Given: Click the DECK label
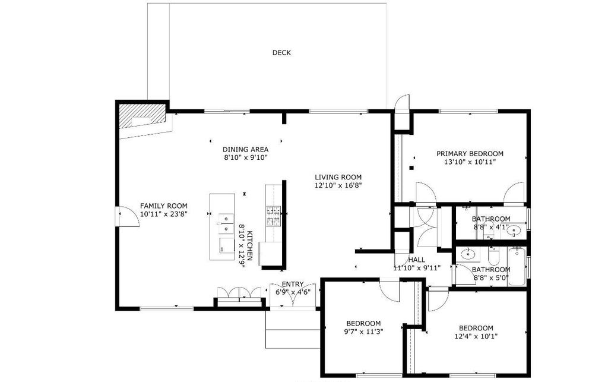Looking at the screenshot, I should point(281,53).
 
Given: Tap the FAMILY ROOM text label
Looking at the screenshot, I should point(164,206).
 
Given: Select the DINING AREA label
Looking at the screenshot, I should point(246,149).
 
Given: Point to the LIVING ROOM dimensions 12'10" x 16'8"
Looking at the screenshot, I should point(338,185).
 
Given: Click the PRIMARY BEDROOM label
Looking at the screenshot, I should point(470,153).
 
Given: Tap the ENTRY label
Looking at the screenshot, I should point(293,284).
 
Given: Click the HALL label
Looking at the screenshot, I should point(416,260).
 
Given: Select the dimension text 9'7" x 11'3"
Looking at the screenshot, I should point(364,332).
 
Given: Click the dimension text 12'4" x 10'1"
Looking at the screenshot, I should point(476,336).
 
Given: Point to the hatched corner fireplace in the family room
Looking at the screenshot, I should point(140,118).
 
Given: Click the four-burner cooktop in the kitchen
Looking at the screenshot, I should point(274,216).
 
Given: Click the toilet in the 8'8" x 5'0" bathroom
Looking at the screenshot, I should point(493,257).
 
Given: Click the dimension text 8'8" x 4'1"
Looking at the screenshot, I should point(491,227).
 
